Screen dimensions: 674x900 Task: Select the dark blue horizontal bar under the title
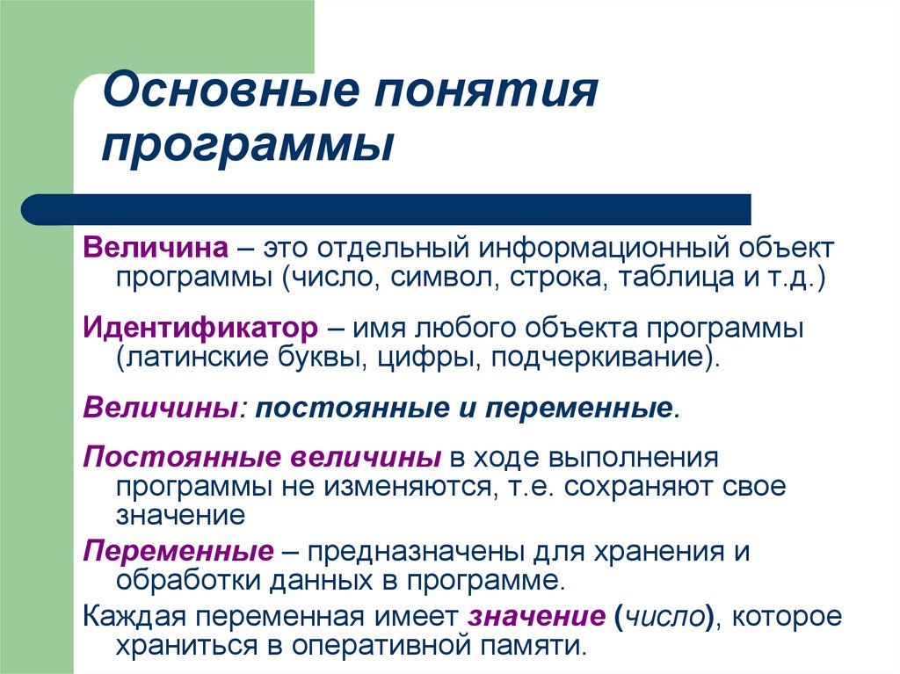click(x=387, y=209)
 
